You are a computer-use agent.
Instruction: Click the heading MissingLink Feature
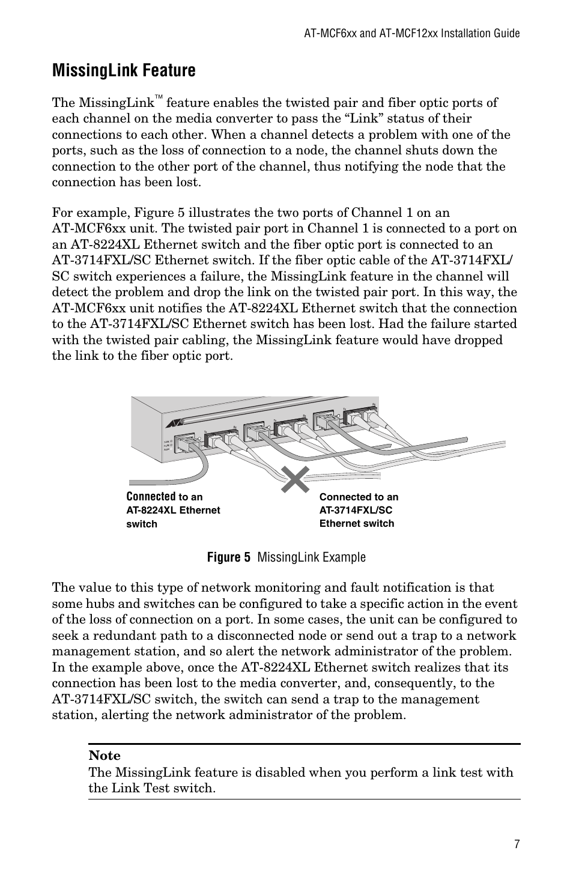[x=124, y=71]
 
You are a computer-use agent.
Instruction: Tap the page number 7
[x=517, y=844]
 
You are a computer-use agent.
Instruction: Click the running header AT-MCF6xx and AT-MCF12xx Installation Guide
[x=411, y=34]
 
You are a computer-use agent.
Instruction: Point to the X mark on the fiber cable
[x=296, y=479]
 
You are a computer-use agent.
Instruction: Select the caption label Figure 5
[x=228, y=557]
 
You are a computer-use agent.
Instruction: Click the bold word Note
[x=105, y=756]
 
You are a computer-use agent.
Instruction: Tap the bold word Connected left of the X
[x=151, y=497]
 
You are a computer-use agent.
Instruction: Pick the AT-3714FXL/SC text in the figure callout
[x=356, y=510]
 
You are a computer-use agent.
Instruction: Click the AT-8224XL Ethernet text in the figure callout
[x=173, y=510]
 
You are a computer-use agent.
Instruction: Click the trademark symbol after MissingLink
[x=159, y=97]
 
